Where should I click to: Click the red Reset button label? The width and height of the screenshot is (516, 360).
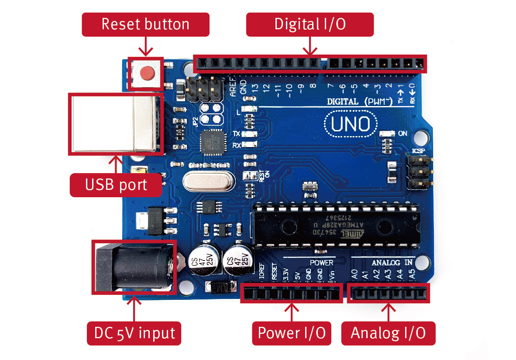click(145, 24)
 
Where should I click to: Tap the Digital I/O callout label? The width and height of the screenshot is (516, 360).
click(310, 24)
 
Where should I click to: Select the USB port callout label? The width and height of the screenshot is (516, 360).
click(116, 185)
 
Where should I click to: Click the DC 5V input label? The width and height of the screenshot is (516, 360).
click(134, 333)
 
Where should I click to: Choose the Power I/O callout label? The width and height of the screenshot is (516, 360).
click(292, 333)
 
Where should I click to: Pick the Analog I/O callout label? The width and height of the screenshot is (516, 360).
click(388, 333)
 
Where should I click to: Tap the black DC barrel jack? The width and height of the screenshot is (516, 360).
click(131, 267)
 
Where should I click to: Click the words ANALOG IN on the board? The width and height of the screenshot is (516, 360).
click(392, 263)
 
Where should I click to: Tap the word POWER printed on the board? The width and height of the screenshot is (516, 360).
click(321, 263)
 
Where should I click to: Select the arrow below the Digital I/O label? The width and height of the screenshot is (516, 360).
click(310, 46)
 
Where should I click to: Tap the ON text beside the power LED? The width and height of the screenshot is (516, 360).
click(402, 133)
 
